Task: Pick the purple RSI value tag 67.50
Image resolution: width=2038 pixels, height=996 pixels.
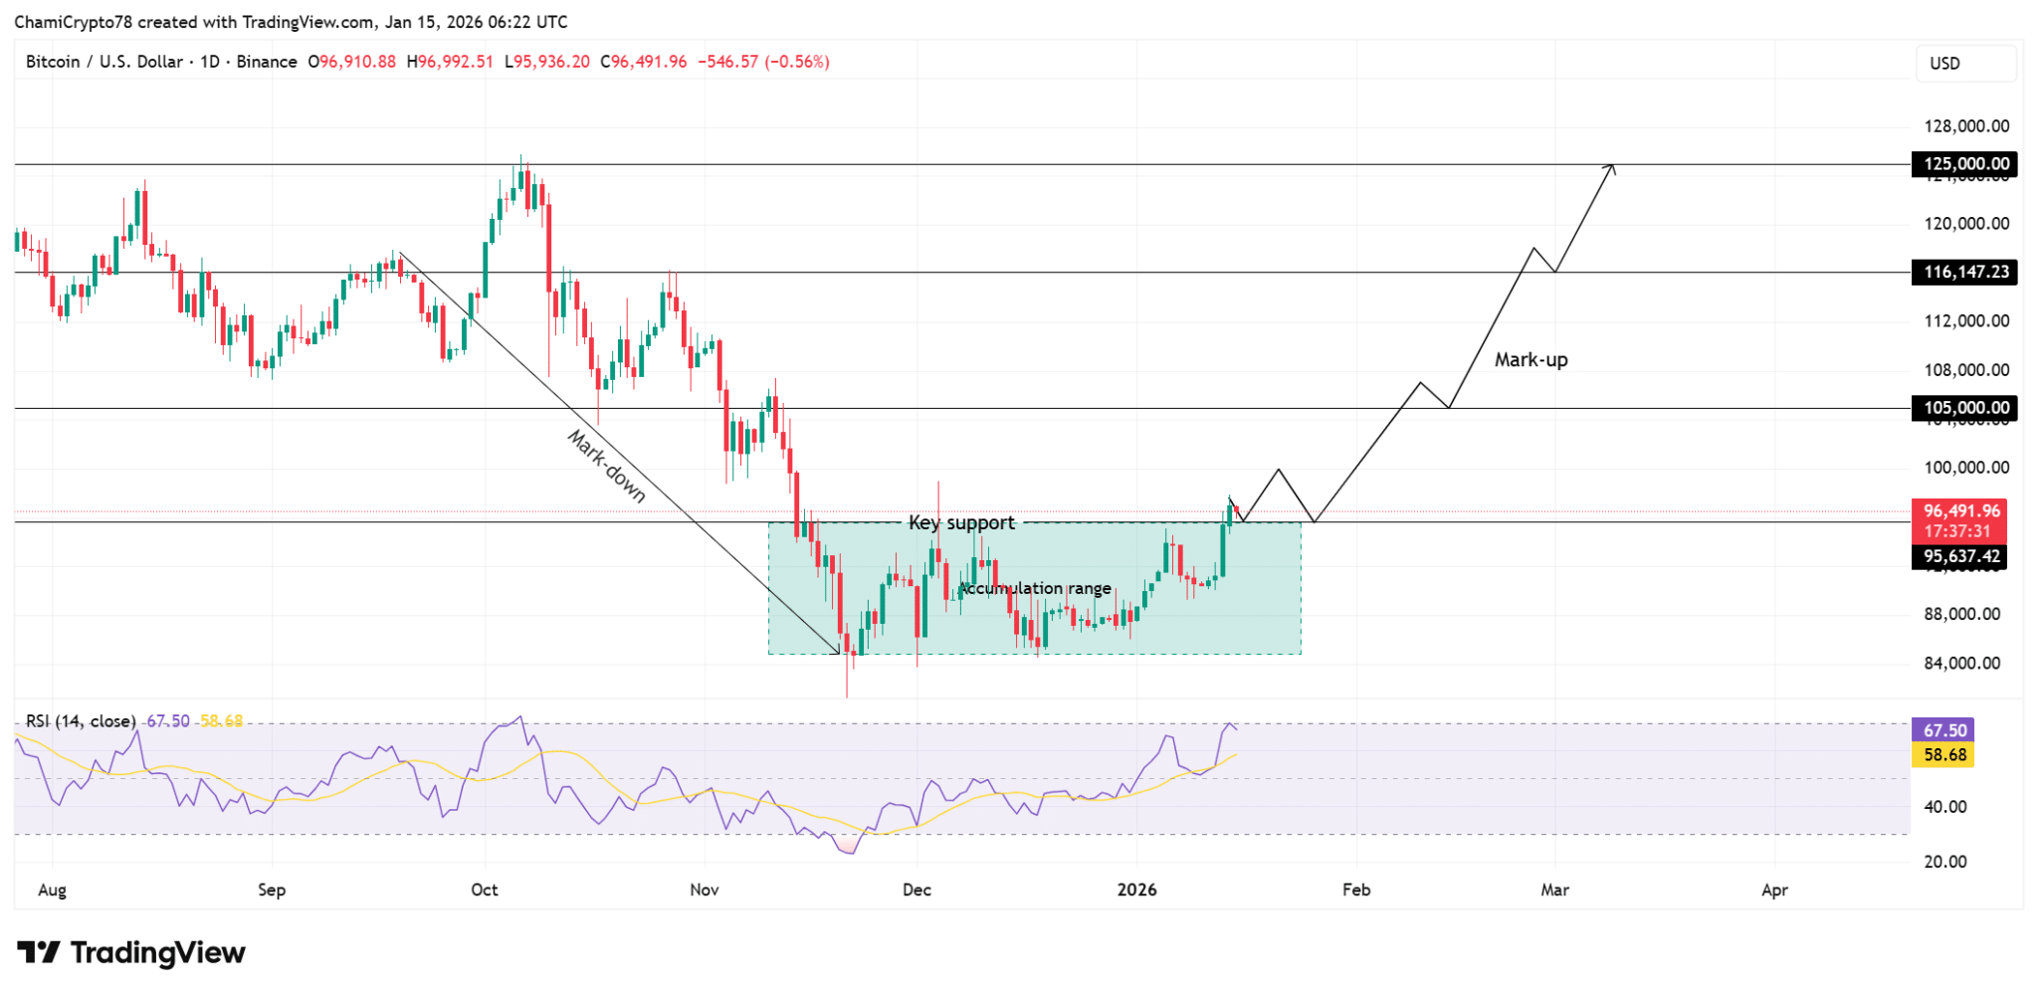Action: pos(1943,730)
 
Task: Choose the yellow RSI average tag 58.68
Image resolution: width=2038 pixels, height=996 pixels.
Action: pos(1943,755)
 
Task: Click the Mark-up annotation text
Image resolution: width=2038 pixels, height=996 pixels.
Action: pos(1530,360)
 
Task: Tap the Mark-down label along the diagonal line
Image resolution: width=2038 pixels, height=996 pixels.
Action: pos(606,466)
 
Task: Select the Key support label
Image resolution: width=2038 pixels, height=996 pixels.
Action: pos(961,523)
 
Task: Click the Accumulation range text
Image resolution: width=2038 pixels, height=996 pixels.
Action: pos(1035,588)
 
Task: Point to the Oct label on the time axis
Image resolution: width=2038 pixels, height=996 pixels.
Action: pos(485,890)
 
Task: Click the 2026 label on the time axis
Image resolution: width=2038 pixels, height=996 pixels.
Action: pos(1136,890)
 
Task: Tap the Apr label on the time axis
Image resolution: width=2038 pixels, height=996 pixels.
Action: pos(1774,890)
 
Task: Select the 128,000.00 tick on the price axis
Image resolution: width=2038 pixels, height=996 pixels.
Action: pos(1966,126)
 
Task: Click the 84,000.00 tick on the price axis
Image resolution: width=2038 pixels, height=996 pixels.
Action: pos(1961,663)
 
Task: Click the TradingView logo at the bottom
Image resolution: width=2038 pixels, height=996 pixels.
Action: pos(131,953)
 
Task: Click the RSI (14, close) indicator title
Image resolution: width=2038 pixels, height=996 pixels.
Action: pos(81,721)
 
